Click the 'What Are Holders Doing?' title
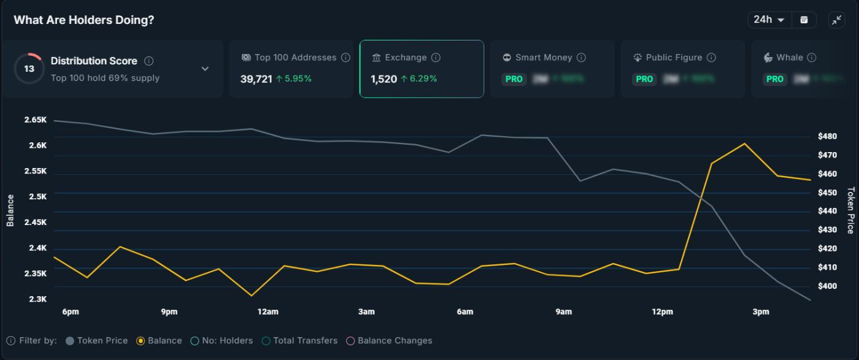pyautogui.click(x=84, y=20)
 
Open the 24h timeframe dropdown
pyautogui.click(x=769, y=20)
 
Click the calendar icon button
pyautogui.click(x=804, y=20)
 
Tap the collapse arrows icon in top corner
pyautogui.click(x=837, y=20)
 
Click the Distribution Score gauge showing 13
pyautogui.click(x=29, y=69)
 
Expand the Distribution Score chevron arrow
pyautogui.click(x=205, y=69)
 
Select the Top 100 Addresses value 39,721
pyautogui.click(x=256, y=79)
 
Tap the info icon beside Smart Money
pyautogui.click(x=581, y=58)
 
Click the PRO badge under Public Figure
pyautogui.click(x=644, y=79)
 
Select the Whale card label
pyautogui.click(x=789, y=58)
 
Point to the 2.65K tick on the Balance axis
pyautogui.click(x=36, y=120)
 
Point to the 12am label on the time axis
pyautogui.click(x=268, y=312)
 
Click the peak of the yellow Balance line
pyautogui.click(x=744, y=144)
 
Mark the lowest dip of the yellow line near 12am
pyautogui.click(x=252, y=296)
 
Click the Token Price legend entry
pyautogui.click(x=97, y=341)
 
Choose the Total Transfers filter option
pyautogui.click(x=299, y=341)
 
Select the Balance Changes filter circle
pyautogui.click(x=351, y=341)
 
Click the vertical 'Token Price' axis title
pyautogui.click(x=850, y=210)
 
